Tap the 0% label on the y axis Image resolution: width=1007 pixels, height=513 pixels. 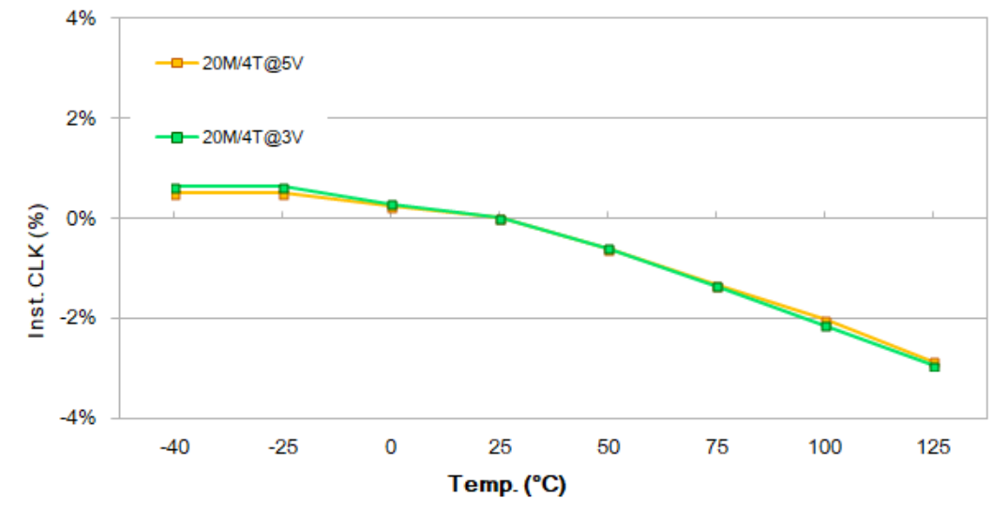[x=83, y=219]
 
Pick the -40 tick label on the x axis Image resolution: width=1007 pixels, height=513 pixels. [x=174, y=447]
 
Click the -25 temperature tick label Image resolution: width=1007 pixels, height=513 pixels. [x=283, y=447]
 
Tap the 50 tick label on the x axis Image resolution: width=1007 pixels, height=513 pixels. [x=609, y=447]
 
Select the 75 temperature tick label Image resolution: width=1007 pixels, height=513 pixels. [x=717, y=447]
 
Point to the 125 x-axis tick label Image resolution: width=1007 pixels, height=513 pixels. [x=934, y=447]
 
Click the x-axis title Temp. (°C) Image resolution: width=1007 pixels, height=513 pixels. [x=507, y=485]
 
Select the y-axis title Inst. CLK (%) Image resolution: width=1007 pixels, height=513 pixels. [x=38, y=272]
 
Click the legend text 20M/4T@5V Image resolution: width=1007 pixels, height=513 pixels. [x=253, y=64]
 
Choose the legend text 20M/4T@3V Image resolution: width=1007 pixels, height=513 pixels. [x=253, y=137]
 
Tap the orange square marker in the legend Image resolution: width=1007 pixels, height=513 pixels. [x=176, y=63]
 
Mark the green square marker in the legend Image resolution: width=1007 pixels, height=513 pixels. [x=176, y=137]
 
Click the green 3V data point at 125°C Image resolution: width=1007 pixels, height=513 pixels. [x=934, y=367]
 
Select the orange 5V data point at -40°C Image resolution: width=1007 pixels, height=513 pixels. [x=175, y=195]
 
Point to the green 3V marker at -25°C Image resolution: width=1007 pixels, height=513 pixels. [x=283, y=188]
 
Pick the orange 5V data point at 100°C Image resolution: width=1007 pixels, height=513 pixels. [x=826, y=321]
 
